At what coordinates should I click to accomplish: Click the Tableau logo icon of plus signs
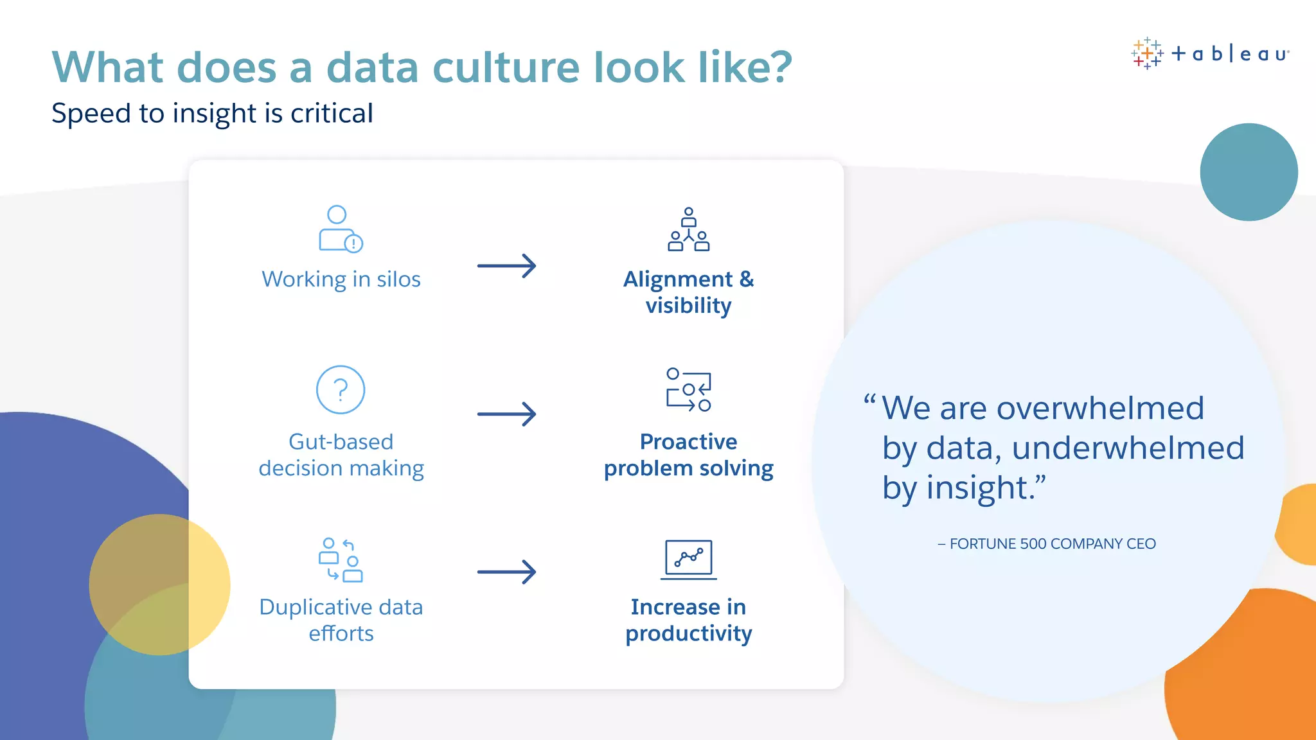pos(1147,53)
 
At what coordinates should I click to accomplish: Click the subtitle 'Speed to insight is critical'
pos(212,113)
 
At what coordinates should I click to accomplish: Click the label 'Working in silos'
pos(341,279)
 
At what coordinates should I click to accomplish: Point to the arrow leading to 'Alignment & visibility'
pos(506,265)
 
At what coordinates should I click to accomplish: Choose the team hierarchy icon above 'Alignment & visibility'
pos(688,229)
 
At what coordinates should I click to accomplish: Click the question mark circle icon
pos(341,390)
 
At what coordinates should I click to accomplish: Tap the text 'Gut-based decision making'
pos(341,455)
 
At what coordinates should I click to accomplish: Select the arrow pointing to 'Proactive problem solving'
pos(506,414)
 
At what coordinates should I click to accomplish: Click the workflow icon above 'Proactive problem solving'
pos(688,390)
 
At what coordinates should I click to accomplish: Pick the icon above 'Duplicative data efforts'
pos(341,560)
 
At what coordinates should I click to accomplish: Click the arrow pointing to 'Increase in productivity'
pos(506,572)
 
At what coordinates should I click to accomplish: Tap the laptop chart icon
pos(688,559)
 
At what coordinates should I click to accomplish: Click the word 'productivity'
pos(688,633)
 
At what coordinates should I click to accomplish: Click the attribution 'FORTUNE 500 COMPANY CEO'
pos(1052,544)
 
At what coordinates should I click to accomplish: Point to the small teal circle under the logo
pos(1249,172)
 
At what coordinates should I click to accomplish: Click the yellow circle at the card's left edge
pos(159,585)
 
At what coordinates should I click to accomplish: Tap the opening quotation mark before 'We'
pos(869,400)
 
